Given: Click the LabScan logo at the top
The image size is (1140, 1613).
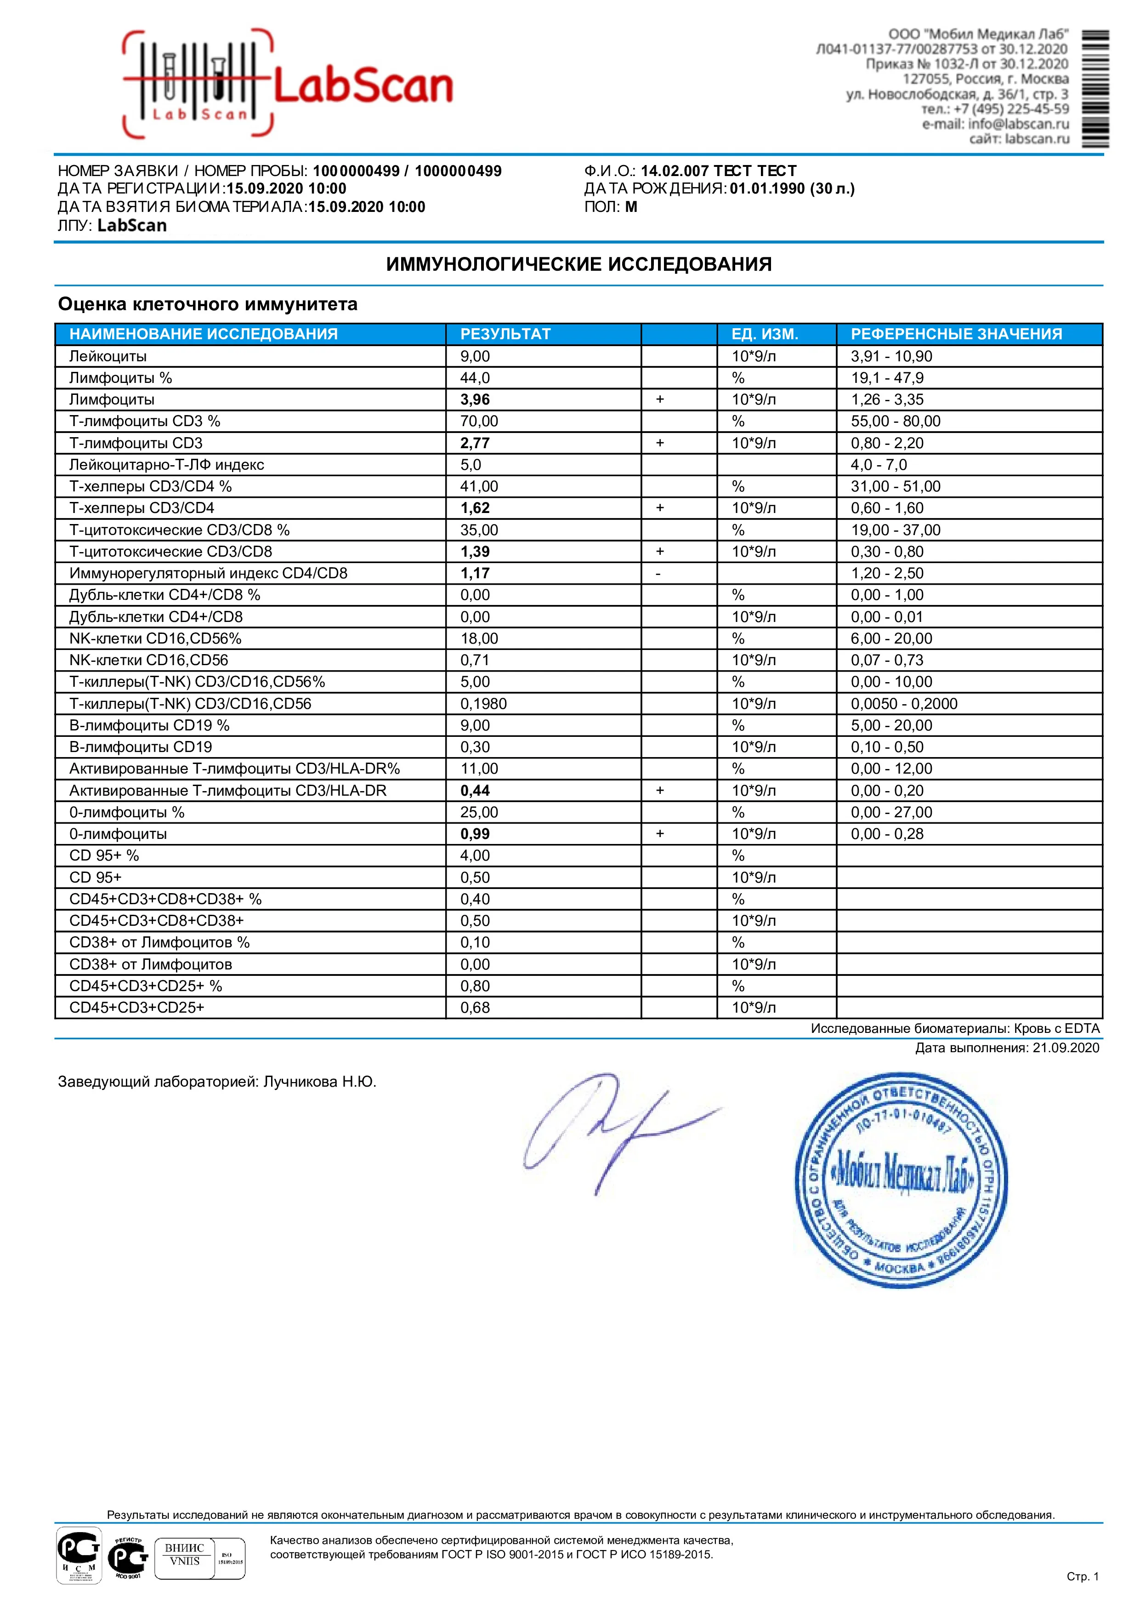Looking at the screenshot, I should (288, 84).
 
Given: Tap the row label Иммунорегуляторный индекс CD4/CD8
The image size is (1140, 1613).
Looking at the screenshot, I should (208, 573).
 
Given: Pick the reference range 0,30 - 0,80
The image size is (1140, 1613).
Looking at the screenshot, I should (887, 552).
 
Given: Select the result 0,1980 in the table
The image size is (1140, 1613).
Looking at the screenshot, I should (483, 703).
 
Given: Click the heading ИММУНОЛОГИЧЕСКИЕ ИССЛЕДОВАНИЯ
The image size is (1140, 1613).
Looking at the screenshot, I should (579, 264).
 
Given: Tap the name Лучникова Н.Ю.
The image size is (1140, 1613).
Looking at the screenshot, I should (320, 1081).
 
